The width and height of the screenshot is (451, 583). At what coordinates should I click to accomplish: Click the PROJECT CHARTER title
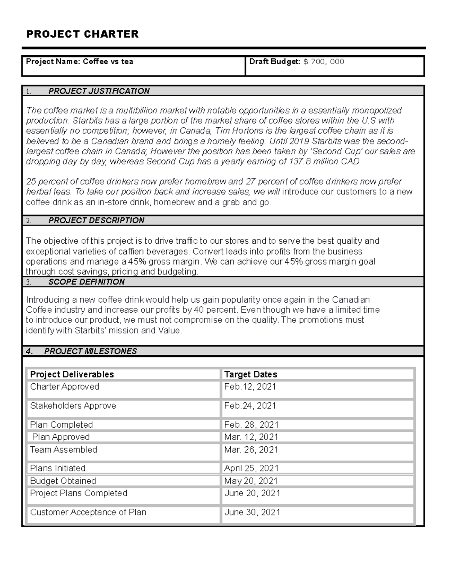(x=82, y=34)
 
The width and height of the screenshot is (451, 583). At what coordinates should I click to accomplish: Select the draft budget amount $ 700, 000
(x=324, y=62)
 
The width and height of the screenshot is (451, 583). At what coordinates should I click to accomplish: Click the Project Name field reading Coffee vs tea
(x=80, y=62)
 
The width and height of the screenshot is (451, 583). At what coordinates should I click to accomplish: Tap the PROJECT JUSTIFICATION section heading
(x=99, y=91)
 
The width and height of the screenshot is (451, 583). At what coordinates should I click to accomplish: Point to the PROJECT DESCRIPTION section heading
(x=96, y=220)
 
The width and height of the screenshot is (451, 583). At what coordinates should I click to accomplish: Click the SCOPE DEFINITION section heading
(x=86, y=282)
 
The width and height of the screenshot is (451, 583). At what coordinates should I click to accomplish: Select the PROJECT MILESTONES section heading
(x=90, y=351)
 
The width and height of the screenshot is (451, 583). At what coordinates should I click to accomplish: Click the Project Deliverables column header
(x=72, y=374)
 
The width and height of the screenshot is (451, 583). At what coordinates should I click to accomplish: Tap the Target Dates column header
(x=251, y=374)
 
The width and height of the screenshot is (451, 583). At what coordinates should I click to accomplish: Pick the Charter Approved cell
(x=65, y=387)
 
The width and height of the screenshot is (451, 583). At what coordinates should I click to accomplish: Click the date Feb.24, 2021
(x=250, y=406)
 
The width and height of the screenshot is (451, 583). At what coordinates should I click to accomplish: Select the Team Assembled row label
(x=64, y=450)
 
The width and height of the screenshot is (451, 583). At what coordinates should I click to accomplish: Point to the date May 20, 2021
(x=251, y=481)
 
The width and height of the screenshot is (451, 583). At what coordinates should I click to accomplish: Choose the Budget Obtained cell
(x=63, y=481)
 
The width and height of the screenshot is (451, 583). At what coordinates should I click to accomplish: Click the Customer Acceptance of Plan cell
(x=88, y=512)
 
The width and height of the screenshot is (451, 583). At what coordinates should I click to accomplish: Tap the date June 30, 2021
(x=252, y=512)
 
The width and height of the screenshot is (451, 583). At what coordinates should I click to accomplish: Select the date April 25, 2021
(x=251, y=468)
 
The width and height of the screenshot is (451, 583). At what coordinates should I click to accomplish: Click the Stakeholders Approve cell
(x=73, y=406)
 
